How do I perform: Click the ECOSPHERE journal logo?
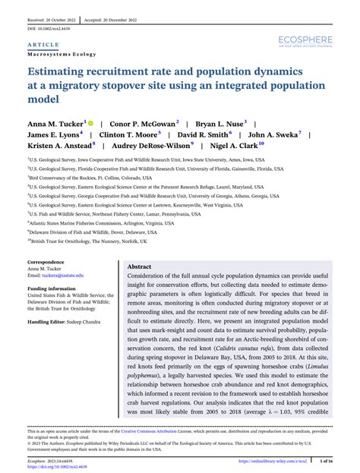[306, 37]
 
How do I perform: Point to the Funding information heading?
[53, 289]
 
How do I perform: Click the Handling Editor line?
[62, 322]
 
